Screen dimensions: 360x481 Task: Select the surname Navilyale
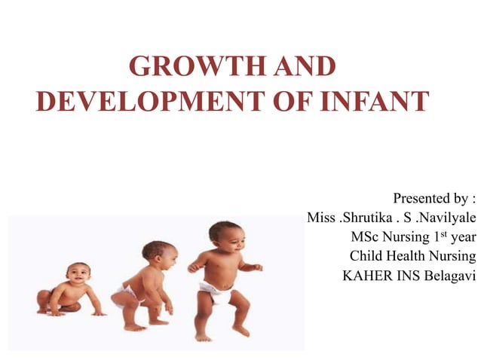tap(444, 218)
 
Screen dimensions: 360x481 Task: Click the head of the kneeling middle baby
tap(158, 253)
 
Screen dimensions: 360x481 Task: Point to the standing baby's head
tap(224, 236)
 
